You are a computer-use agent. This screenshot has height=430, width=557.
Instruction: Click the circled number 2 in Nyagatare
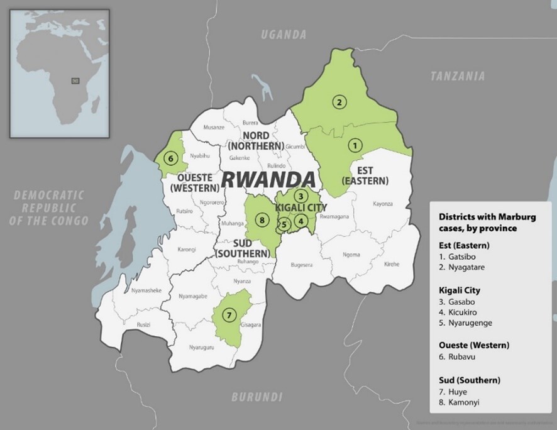[x=339, y=102]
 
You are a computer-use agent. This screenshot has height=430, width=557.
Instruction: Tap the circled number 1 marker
[x=355, y=146]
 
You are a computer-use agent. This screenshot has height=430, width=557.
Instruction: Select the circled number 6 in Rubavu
[x=170, y=158]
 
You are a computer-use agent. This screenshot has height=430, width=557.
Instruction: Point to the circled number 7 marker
[x=229, y=314]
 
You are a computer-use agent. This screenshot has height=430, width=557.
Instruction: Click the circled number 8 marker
[x=262, y=221]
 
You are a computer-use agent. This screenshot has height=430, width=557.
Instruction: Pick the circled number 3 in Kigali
[x=302, y=196]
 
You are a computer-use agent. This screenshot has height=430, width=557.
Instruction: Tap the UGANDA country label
[x=284, y=35]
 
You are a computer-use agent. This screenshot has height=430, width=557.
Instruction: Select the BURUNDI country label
[x=256, y=397]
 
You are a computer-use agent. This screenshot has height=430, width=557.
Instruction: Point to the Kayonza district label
[x=382, y=204]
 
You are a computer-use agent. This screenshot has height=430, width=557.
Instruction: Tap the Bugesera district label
[x=302, y=265]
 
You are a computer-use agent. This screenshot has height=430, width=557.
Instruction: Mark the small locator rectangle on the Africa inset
[x=75, y=80]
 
